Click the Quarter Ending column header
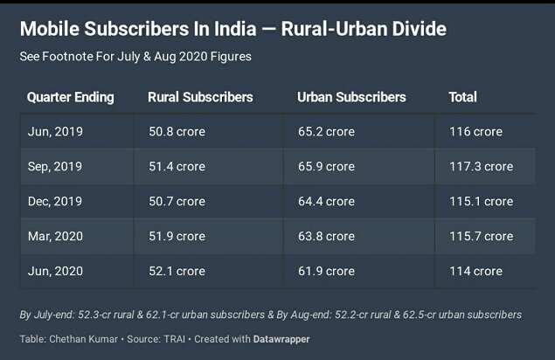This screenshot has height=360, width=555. coord(71,97)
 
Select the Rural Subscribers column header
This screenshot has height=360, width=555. coord(200,97)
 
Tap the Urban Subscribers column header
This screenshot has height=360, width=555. coord(351,97)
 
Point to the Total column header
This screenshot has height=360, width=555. coord(462,97)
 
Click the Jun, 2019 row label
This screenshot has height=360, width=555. coord(55,132)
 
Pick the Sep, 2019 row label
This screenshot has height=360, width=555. coord(55,167)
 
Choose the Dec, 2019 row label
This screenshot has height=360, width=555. coord(55,202)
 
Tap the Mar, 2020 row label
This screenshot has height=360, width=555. coord(55,237)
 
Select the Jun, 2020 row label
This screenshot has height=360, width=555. coord(55,272)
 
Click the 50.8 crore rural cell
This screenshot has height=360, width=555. coord(177,132)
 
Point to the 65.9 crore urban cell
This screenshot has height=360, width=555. coord(326,167)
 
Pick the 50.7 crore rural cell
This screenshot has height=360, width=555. coord(177,202)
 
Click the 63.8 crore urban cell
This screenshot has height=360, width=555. coord(326,237)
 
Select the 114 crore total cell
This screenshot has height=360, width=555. coord(475,272)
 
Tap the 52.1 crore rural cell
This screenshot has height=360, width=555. coord(177,272)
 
